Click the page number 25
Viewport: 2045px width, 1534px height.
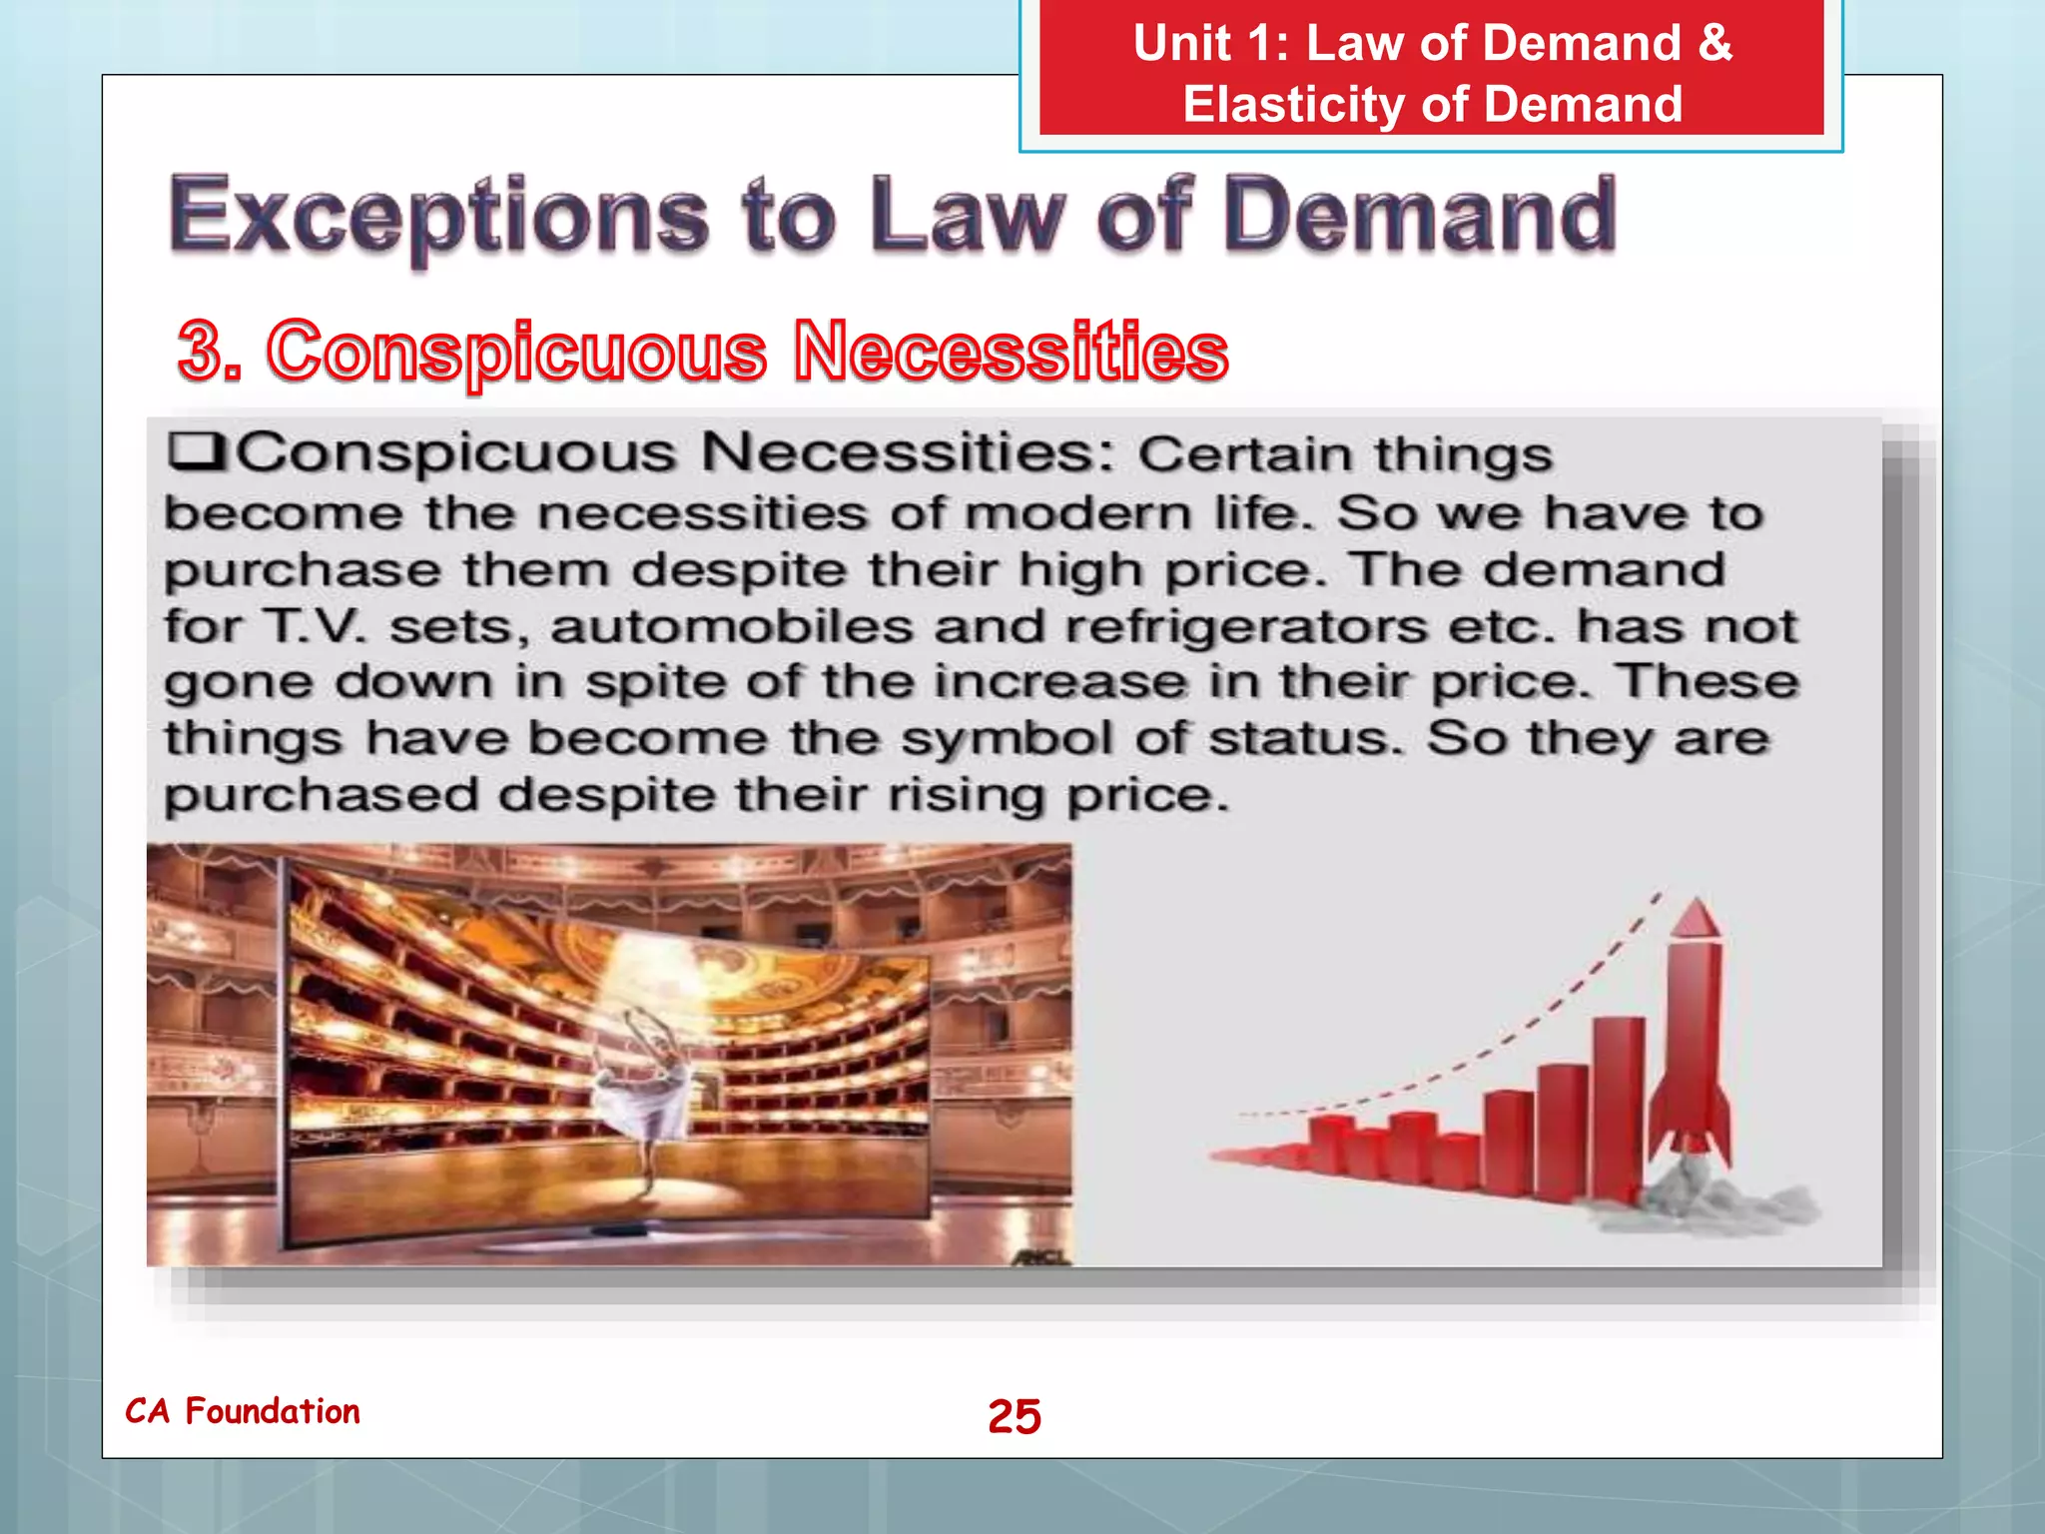1014,1416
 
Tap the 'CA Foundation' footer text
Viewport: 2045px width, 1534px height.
243,1411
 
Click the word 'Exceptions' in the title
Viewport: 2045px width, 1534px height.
438,216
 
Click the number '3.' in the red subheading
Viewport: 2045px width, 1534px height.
210,351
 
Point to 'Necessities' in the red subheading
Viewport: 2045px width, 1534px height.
1010,351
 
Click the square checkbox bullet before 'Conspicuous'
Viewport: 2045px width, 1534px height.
196,450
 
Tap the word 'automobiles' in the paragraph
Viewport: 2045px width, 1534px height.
731,627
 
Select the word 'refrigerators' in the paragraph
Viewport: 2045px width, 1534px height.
1246,627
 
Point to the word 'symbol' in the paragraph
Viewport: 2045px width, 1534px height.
1007,740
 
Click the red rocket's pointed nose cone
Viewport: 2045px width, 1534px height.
1694,919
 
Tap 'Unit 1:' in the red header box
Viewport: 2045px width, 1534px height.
1210,44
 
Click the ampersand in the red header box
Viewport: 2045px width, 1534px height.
1713,44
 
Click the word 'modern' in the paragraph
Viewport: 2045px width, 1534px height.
1078,514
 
